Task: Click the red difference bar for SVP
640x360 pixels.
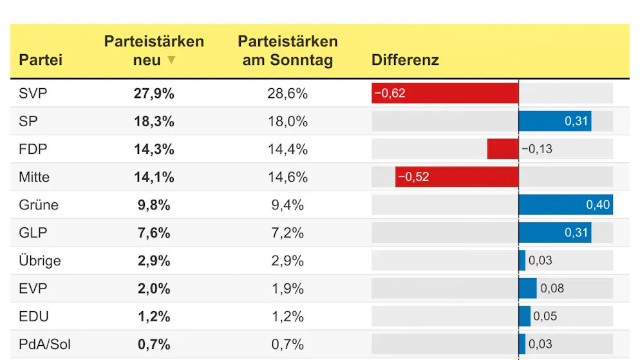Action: coord(445,93)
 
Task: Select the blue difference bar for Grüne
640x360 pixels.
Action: coord(565,205)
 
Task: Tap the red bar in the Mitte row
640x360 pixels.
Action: coord(457,177)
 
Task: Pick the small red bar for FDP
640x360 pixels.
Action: coord(502,149)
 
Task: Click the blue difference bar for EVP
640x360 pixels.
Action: coord(527,289)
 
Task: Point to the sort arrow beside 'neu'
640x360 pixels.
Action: coord(171,61)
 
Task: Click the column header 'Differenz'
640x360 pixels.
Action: coord(405,61)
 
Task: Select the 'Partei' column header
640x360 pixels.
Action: coord(41,61)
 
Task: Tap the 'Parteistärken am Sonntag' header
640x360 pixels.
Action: coord(288,51)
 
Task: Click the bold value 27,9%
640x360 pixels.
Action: coord(154,93)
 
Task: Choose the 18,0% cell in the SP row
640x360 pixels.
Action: coord(288,122)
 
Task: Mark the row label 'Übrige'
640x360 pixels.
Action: coord(40,261)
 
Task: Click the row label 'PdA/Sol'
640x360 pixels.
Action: coord(45,345)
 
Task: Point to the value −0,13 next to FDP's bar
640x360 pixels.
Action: coord(537,149)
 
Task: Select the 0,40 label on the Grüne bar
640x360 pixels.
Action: coord(598,205)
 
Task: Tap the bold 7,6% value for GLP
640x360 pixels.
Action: coord(154,233)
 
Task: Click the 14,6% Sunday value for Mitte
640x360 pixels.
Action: coord(288,177)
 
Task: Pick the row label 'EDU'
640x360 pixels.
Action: coord(33,316)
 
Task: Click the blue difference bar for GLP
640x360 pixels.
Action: coord(555,233)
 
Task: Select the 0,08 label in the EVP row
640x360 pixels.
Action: coord(552,289)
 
